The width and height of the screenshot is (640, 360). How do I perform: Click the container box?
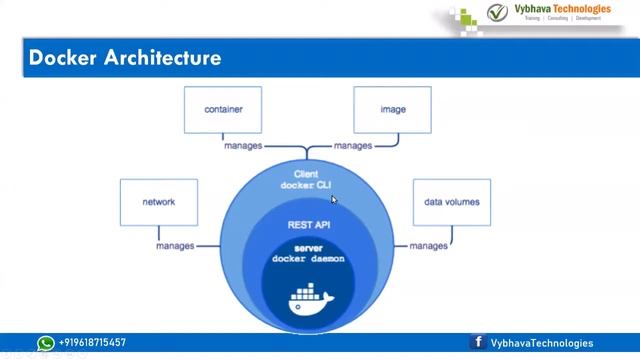[224, 110]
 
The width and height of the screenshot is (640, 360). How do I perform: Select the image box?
[392, 110]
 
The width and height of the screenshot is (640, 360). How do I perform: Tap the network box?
[158, 202]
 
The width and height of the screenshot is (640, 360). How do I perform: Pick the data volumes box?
[451, 202]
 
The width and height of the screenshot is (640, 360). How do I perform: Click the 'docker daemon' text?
[308, 259]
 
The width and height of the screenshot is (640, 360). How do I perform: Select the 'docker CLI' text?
[306, 185]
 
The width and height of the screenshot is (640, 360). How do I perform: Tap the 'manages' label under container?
[243, 146]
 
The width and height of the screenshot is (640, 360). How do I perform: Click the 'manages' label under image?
[353, 146]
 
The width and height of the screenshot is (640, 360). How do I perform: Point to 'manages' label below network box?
[176, 246]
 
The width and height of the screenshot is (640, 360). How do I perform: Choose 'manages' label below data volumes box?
[429, 246]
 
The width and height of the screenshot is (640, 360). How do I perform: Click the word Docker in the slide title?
[62, 59]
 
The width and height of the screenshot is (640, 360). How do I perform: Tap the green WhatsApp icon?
[46, 343]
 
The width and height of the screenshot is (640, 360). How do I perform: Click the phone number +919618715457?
[93, 343]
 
